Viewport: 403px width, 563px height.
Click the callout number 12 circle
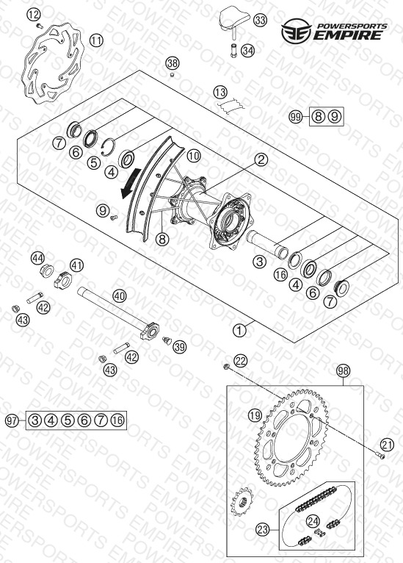[x=33, y=15]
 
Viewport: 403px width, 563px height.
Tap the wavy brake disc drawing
[x=52, y=64]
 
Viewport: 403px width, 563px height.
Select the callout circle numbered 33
[x=261, y=20]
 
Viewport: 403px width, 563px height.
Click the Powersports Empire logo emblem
[x=296, y=32]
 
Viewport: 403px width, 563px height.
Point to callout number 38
[x=172, y=63]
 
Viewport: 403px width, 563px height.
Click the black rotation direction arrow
[x=130, y=184]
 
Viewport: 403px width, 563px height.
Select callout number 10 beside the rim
[x=194, y=156]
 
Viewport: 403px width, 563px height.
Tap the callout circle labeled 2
[x=261, y=159]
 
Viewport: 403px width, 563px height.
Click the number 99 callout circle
[x=296, y=117]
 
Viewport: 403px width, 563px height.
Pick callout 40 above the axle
[x=120, y=296]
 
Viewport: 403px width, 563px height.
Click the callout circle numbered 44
[x=37, y=258]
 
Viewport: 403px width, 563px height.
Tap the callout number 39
[x=180, y=347]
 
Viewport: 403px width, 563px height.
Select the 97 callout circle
[x=12, y=420]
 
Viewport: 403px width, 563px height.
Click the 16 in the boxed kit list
[x=117, y=420]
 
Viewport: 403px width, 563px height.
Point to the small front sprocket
[x=243, y=501]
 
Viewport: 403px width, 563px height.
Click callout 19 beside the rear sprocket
[x=255, y=416]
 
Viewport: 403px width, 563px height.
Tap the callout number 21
[x=388, y=445]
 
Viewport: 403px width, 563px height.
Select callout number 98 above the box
[x=343, y=370]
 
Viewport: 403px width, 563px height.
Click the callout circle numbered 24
[x=313, y=521]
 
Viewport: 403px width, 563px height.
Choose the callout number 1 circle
[x=239, y=330]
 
